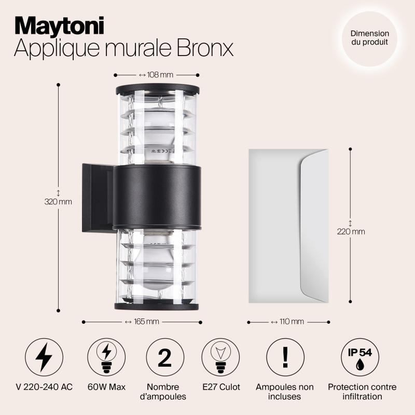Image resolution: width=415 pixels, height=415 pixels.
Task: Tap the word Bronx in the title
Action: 204,48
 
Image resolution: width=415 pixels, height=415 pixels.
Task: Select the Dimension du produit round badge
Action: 369,38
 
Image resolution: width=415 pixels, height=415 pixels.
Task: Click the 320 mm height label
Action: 58,202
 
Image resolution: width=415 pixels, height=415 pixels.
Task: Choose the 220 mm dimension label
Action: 351,231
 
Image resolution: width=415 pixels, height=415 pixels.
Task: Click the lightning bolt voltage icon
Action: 44,357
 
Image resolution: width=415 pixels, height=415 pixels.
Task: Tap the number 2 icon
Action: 165,357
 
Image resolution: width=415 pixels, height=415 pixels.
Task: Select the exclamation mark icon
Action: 285,357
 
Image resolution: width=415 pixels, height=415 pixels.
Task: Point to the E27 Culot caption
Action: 221,387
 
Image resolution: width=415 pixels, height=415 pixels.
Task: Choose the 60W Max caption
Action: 106,387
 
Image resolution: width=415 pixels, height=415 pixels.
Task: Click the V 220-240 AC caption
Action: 44,387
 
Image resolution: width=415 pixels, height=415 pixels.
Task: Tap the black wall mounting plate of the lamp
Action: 99,198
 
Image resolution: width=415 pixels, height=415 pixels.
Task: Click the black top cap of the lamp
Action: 158,89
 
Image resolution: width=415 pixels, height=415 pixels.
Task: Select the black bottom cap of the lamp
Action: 157,307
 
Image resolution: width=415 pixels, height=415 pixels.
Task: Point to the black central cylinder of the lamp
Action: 157,197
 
